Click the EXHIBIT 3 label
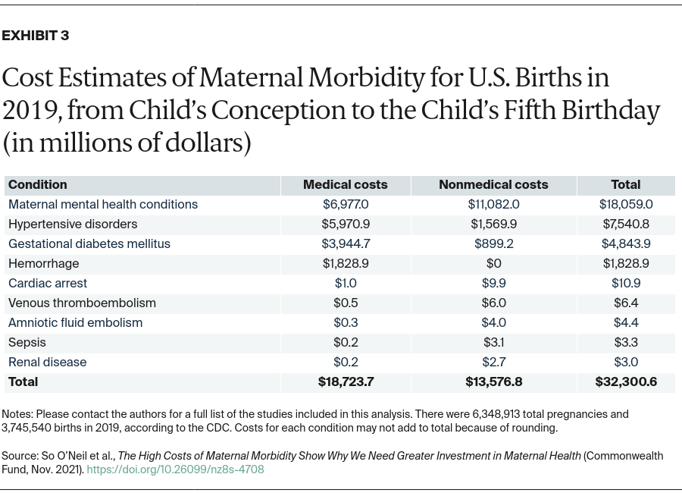pyautogui.click(x=36, y=36)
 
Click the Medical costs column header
pyautogui.click(x=345, y=184)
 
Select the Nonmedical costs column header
pyautogui.click(x=493, y=184)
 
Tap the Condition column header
pyautogui.click(x=38, y=184)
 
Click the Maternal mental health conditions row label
pyautogui.click(x=103, y=204)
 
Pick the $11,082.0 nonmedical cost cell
pyautogui.click(x=493, y=204)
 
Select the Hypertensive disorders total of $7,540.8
pyautogui.click(x=626, y=224)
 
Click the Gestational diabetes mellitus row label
pyautogui.click(x=89, y=243)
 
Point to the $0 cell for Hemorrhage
pyautogui.click(x=493, y=263)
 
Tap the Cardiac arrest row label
pyautogui.click(x=48, y=283)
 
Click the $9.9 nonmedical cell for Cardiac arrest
pyautogui.click(x=493, y=283)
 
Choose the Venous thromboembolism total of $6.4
pyautogui.click(x=626, y=303)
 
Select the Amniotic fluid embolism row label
pyautogui.click(x=76, y=322)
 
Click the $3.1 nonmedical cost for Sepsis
pyautogui.click(x=493, y=342)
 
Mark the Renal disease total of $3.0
pyautogui.click(x=626, y=362)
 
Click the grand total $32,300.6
pyautogui.click(x=626, y=382)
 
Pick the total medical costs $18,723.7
pyautogui.click(x=346, y=382)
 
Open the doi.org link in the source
pyautogui.click(x=175, y=469)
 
